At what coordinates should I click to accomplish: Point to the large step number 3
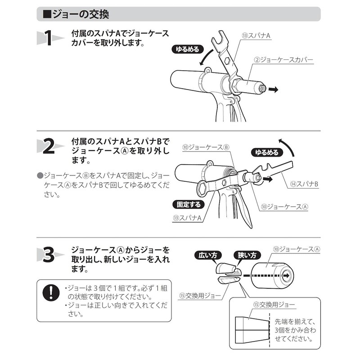(48, 256)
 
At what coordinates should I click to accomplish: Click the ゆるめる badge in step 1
(185, 50)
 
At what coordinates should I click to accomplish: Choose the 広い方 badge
(208, 255)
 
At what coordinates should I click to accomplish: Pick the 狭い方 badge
(244, 255)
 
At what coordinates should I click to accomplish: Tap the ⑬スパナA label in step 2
(186, 218)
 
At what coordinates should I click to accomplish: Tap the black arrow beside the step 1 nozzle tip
(273, 90)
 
